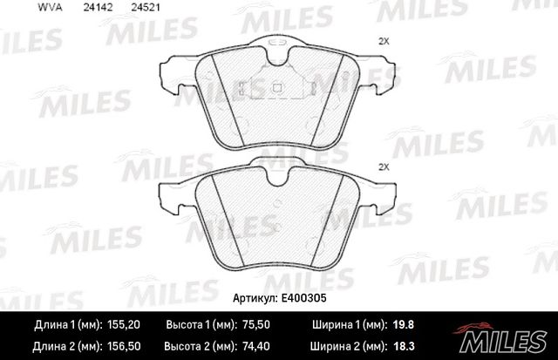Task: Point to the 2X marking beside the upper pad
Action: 384,41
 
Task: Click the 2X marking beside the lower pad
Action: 384,166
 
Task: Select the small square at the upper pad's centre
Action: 276,86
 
